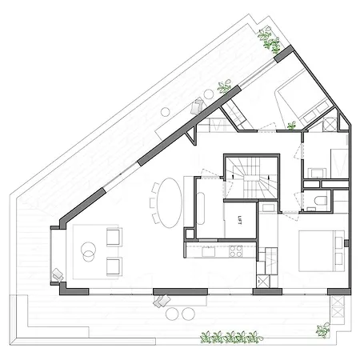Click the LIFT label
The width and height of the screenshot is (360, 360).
coord(239,221)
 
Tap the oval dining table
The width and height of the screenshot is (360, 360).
coord(170,203)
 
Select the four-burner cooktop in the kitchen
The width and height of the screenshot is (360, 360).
coord(236,251)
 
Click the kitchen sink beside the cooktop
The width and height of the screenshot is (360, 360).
coord(209,251)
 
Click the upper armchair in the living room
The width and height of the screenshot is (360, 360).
coord(114,237)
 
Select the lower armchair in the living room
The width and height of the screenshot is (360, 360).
coord(114,266)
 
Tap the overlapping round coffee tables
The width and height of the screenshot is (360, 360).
coord(89,251)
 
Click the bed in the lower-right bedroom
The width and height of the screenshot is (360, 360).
coord(321,251)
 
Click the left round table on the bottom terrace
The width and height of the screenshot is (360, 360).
coord(172,314)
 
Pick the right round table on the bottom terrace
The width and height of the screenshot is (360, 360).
coord(188,314)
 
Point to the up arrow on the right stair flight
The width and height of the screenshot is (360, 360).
coord(268,177)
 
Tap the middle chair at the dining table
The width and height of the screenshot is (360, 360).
coord(152,202)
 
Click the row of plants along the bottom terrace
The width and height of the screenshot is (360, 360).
coord(231,338)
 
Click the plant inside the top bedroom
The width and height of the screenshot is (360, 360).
coord(291,126)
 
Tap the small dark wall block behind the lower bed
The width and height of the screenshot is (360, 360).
coord(346,243)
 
